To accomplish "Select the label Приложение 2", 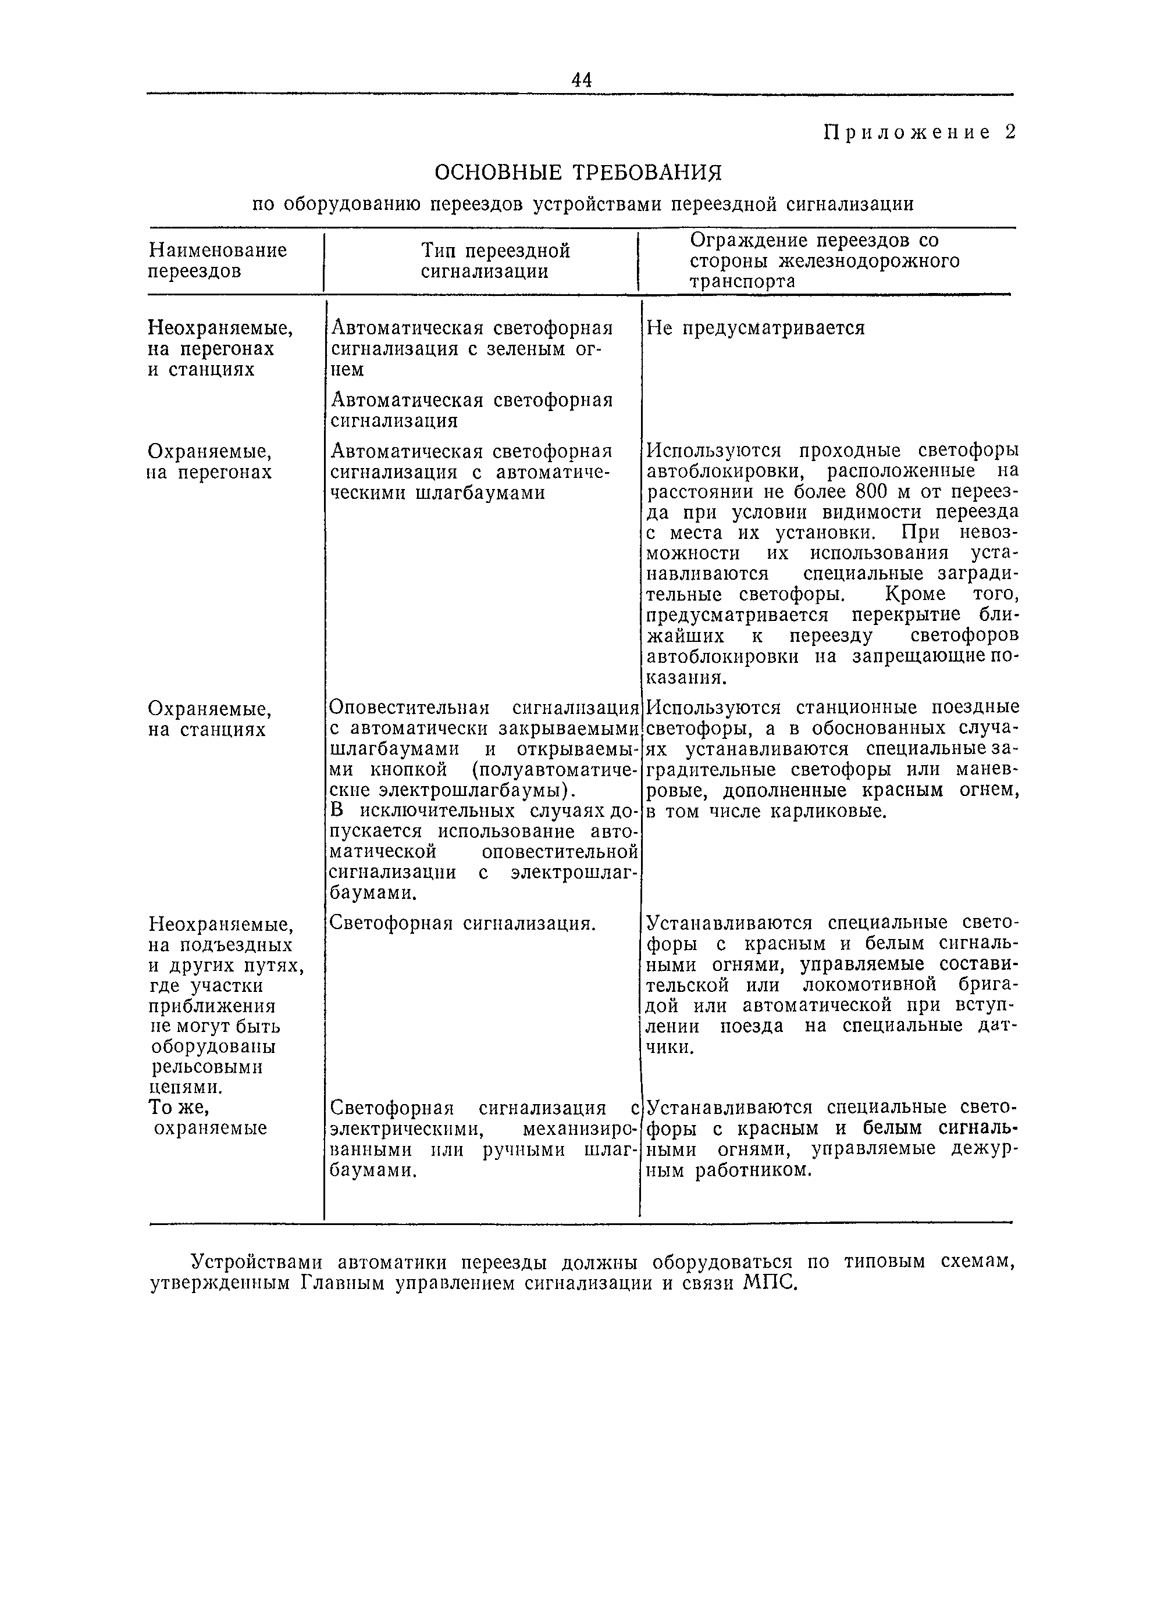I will [919, 133].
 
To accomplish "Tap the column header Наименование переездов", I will [217, 260].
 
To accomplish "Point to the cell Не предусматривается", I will [755, 328].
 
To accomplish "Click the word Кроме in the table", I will [914, 594].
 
